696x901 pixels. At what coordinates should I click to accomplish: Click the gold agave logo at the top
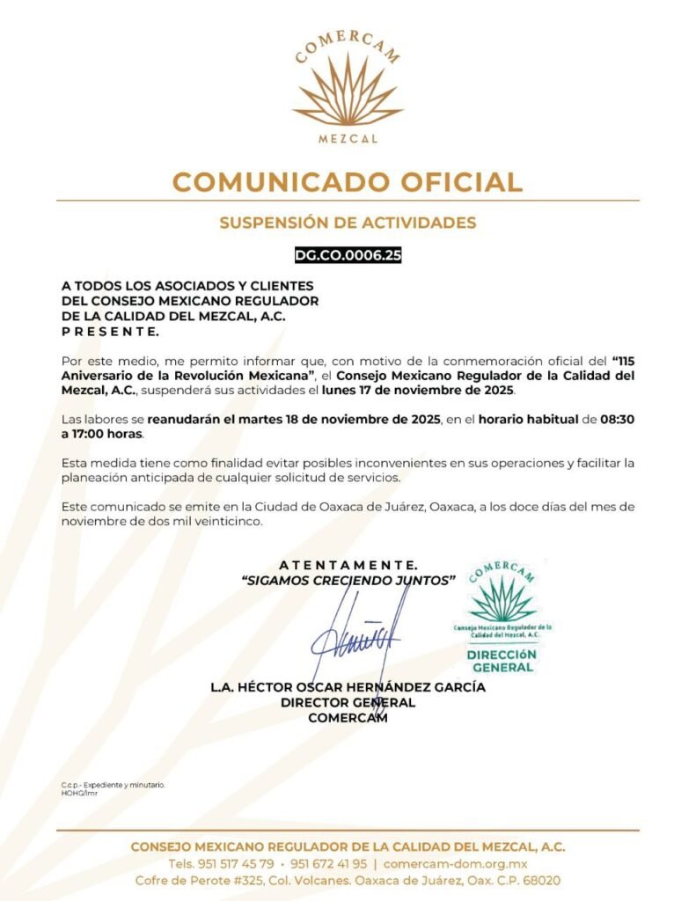(348, 92)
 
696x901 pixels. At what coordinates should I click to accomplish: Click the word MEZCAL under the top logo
(348, 139)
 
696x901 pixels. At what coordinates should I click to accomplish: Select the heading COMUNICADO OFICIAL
(348, 182)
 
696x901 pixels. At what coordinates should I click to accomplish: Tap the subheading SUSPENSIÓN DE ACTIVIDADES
(348, 223)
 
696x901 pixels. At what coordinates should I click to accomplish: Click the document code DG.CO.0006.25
(348, 256)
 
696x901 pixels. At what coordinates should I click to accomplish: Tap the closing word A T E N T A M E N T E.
(348, 564)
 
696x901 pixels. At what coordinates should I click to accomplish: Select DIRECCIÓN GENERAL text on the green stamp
(502, 661)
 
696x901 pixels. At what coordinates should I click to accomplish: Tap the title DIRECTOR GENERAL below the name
(348, 702)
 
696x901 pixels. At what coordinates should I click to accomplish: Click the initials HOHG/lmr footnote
(79, 793)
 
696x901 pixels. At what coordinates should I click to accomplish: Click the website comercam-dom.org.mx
(455, 863)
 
